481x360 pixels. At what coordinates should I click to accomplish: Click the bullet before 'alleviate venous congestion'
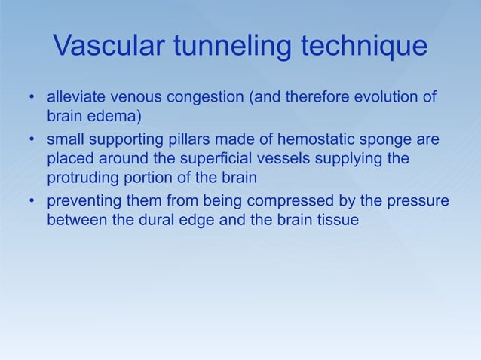click(x=32, y=99)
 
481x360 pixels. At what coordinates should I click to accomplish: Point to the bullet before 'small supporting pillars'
click(x=32, y=140)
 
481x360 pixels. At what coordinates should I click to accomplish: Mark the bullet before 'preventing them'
click(x=32, y=202)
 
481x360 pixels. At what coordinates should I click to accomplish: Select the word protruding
click(x=84, y=180)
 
